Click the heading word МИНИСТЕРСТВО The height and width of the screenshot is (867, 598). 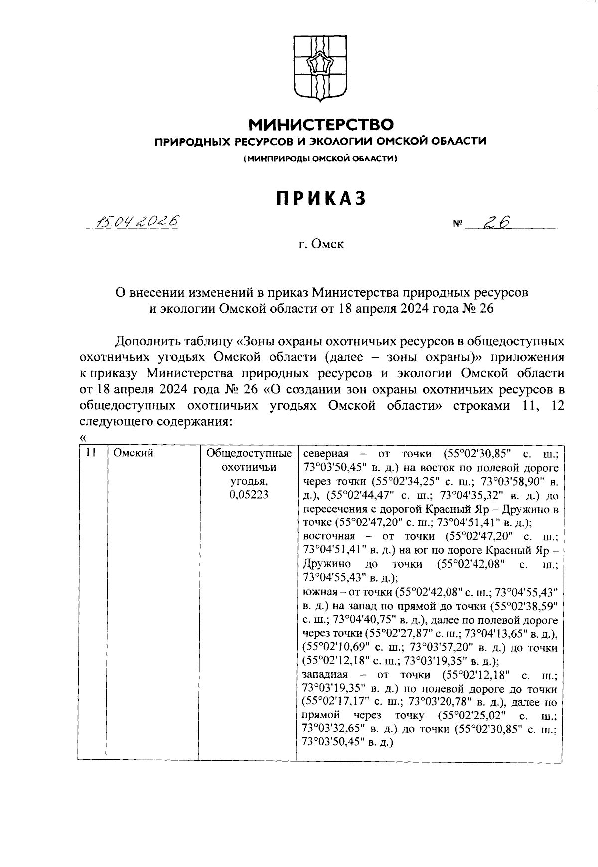coord(321,124)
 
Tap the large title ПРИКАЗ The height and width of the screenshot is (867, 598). coord(321,198)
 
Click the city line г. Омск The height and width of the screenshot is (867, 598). coord(321,244)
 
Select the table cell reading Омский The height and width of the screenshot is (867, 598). coord(133,453)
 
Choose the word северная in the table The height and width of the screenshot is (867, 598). coord(326,453)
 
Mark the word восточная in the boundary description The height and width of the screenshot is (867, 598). coord(329,536)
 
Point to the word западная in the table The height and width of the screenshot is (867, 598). coord(327,676)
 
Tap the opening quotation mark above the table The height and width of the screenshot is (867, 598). coord(82,437)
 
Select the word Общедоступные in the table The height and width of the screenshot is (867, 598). coord(249,453)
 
